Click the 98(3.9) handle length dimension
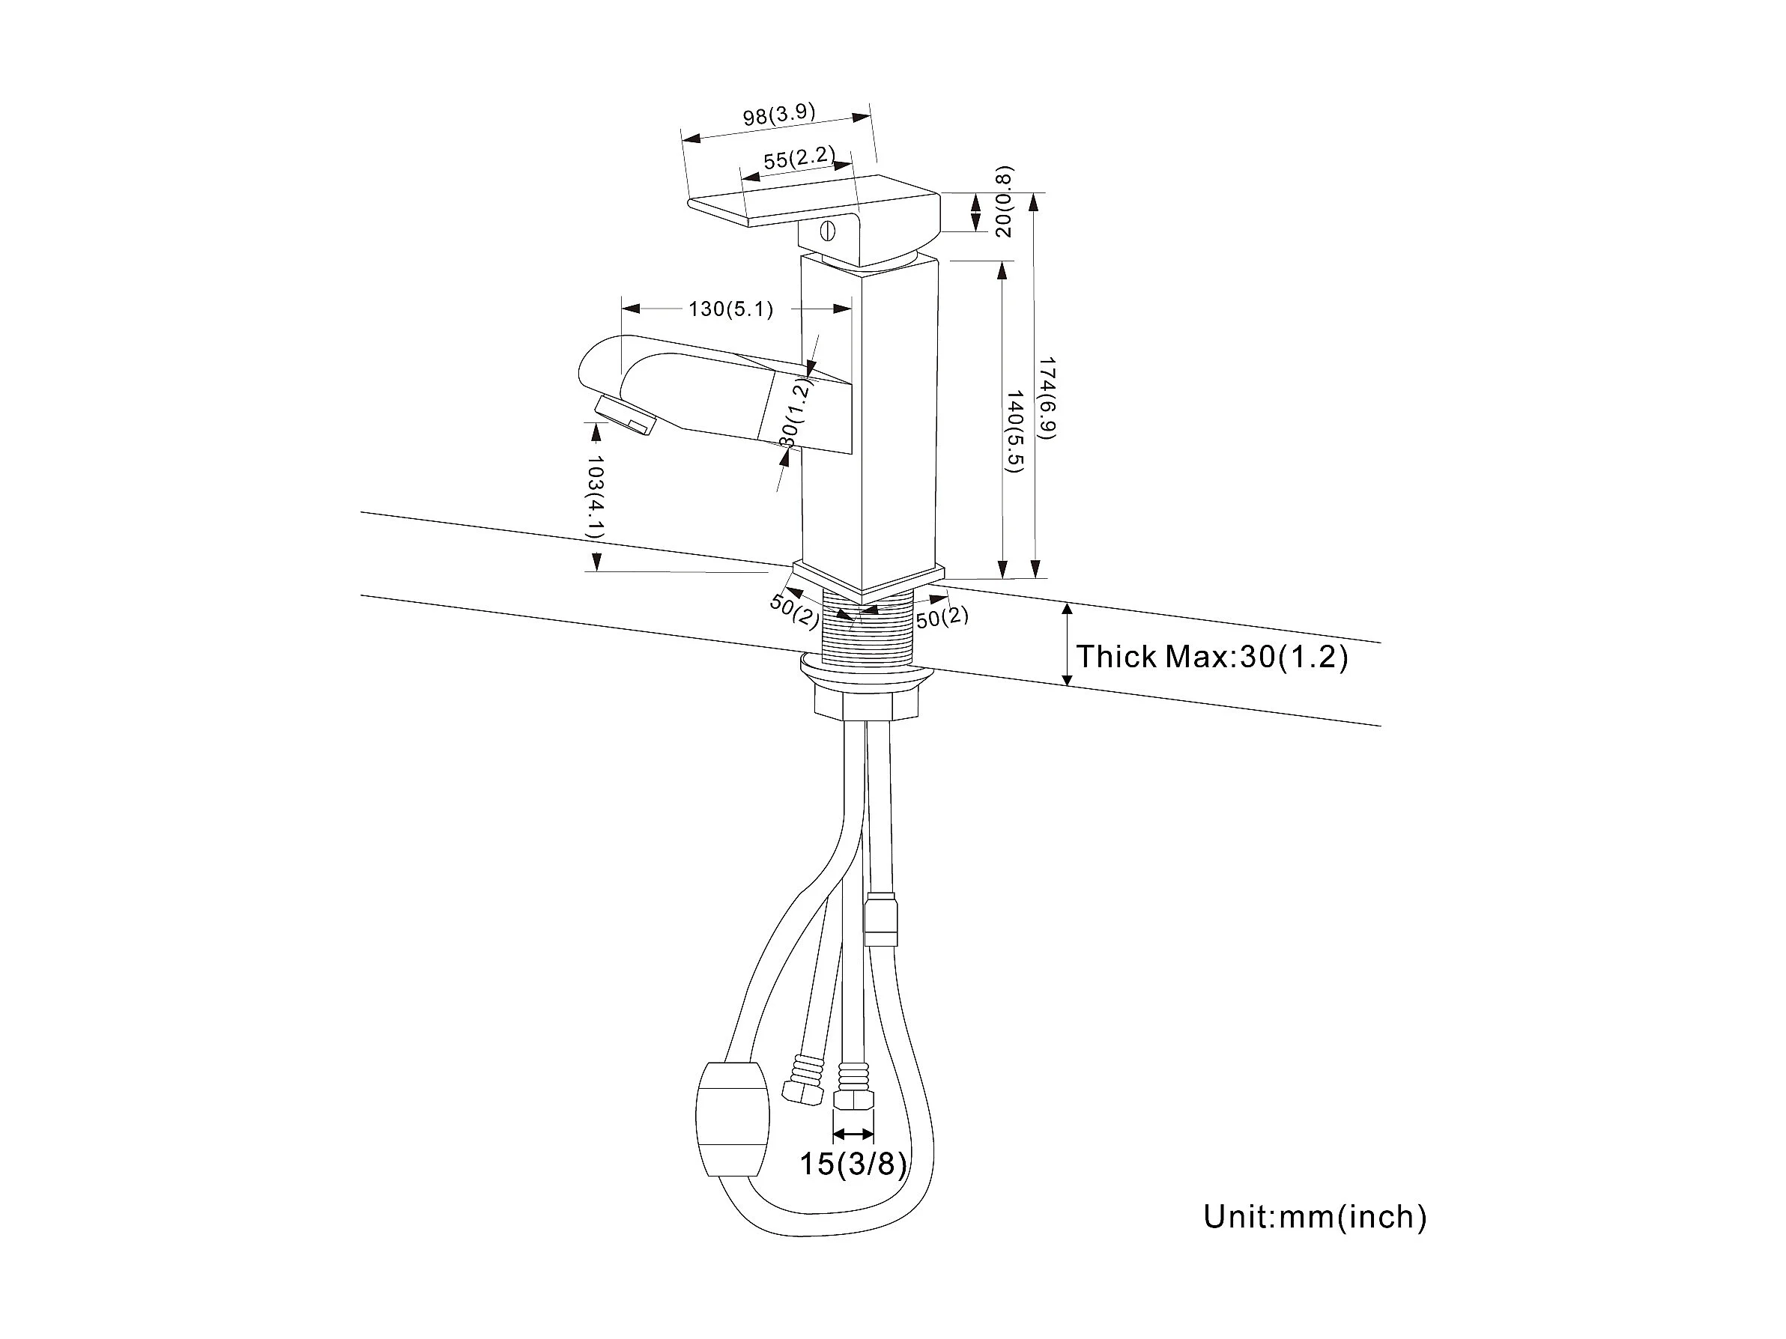(779, 114)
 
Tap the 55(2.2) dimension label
(799, 157)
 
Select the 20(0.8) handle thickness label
(1003, 201)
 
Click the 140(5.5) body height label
(1014, 432)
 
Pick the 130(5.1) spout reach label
(730, 309)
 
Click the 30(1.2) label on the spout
(796, 413)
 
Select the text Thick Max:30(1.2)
(1212, 656)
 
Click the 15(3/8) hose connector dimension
(853, 1163)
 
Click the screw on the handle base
(826, 231)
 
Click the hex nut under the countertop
(866, 702)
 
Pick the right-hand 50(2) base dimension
(942, 617)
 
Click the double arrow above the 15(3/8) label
(853, 1133)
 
